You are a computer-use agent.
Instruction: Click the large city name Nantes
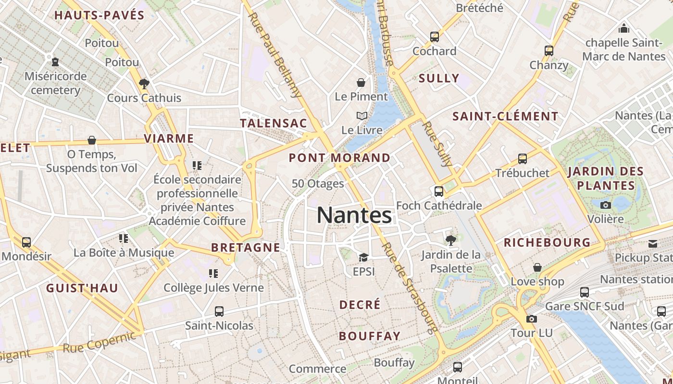click(354, 215)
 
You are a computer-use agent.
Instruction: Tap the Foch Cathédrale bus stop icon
click(438, 192)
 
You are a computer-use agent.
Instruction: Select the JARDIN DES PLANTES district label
click(605, 178)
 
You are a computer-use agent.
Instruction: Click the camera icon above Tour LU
click(531, 319)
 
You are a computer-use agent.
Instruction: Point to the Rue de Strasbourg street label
click(410, 288)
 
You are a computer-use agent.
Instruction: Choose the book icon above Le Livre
click(361, 116)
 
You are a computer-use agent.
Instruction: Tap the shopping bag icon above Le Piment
click(361, 83)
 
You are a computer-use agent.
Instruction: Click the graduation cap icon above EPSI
click(363, 258)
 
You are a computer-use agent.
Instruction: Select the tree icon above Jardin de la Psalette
click(450, 240)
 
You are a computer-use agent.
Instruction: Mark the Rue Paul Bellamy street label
click(274, 55)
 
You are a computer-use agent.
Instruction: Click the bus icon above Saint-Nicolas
click(219, 312)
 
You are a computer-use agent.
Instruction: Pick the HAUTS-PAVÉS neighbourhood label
click(99, 15)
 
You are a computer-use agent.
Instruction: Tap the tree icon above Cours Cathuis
click(144, 84)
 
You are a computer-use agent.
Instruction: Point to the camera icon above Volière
click(606, 205)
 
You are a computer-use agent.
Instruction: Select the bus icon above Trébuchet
click(523, 159)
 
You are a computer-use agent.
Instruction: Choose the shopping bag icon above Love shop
click(537, 267)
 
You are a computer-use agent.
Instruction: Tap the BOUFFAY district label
click(369, 336)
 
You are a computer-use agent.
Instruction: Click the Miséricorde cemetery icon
click(55, 62)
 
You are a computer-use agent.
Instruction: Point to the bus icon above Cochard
click(435, 37)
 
